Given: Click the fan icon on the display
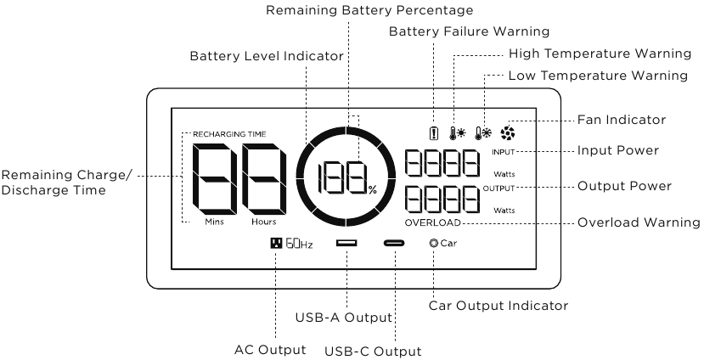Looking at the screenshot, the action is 508,132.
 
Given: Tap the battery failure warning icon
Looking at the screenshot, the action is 433,132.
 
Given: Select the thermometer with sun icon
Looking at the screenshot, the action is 458,132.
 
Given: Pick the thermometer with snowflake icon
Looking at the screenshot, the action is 483,132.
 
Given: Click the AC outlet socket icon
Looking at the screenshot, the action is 276,243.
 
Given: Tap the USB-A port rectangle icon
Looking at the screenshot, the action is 346,243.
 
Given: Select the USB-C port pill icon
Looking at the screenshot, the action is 394,244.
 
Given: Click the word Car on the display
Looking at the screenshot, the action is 448,244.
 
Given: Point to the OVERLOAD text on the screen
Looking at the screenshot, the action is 433,222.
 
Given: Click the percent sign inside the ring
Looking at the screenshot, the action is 373,190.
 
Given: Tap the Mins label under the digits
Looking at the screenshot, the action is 214,222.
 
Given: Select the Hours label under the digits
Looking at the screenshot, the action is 263,222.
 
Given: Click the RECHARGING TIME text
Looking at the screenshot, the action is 229,134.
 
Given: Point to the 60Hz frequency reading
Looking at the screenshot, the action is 299,244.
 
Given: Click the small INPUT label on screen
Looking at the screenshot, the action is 503,152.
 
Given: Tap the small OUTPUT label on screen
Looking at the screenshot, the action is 498,188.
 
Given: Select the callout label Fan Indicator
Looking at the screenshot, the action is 622,120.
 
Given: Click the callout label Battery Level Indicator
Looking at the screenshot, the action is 267,56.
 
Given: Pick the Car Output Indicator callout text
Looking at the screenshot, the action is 498,306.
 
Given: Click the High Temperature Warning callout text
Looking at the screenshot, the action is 600,53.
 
